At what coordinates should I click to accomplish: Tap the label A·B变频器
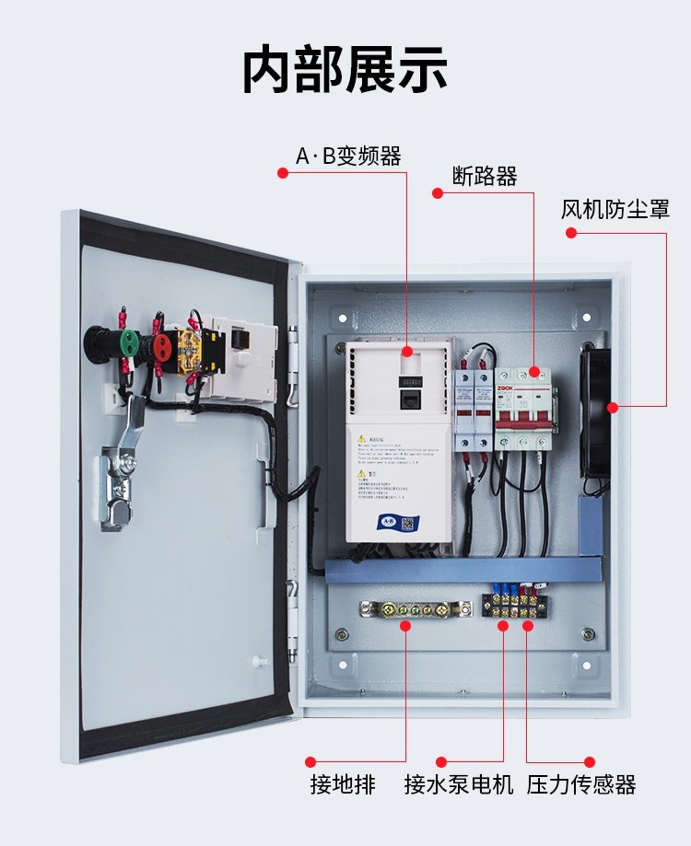coord(348,156)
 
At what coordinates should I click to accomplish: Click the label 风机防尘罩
coord(615,209)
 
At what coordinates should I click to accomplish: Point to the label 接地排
coord(343,785)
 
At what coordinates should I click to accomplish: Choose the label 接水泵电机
coord(459,785)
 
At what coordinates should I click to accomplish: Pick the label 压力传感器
coord(581,785)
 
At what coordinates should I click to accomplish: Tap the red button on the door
coord(162,346)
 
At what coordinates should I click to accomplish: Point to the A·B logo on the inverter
coord(385,522)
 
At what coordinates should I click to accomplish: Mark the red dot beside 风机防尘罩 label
coord(570,233)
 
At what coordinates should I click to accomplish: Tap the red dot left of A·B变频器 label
coord(282,170)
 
